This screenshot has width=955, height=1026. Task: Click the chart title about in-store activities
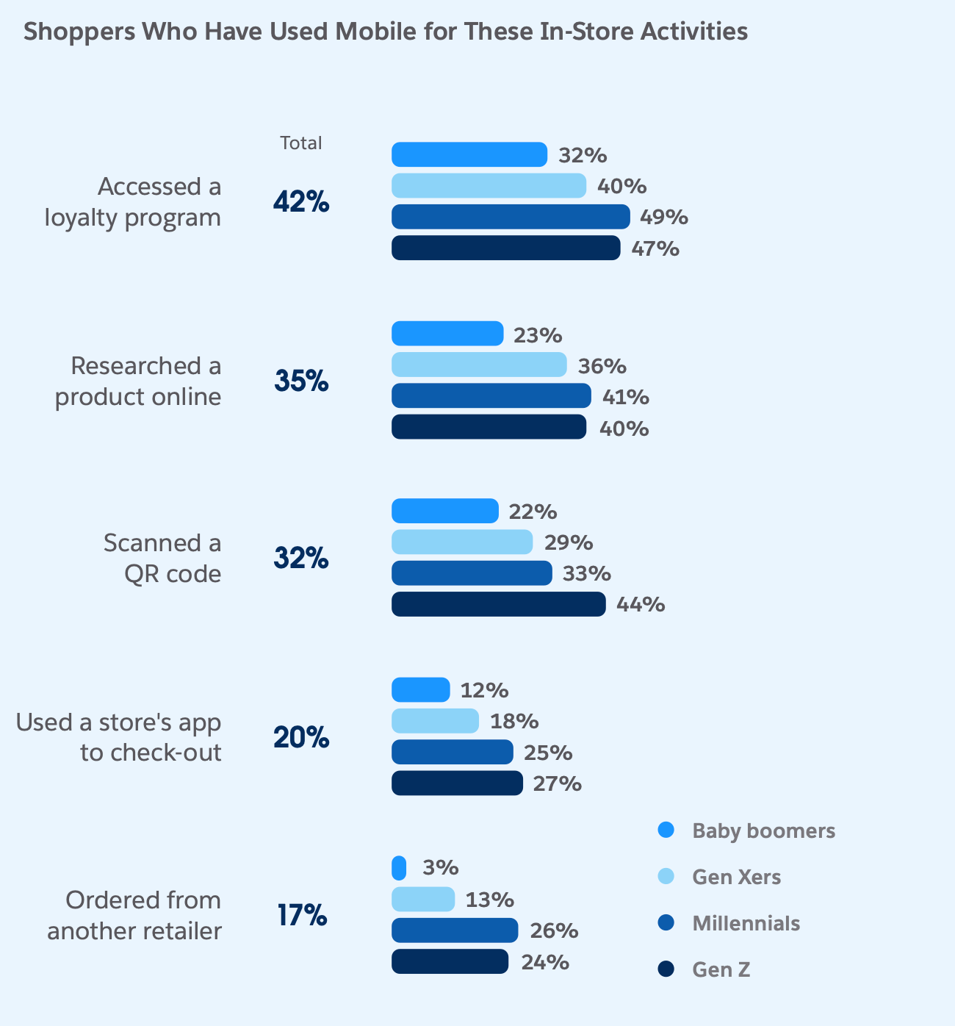(386, 32)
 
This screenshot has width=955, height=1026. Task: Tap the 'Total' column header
(300, 143)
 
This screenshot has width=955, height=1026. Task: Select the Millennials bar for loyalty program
(511, 217)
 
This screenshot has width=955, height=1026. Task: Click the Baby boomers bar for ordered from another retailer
(399, 868)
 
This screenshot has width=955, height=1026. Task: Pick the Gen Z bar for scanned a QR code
(498, 604)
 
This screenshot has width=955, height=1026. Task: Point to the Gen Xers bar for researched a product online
(479, 365)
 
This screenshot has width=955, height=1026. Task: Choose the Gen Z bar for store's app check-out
(457, 783)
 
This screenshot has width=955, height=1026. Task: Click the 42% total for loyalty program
(301, 202)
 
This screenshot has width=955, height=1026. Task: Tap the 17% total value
(301, 916)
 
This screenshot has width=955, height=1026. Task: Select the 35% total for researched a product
(301, 381)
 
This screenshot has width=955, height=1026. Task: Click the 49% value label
(664, 218)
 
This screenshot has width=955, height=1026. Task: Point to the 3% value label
(441, 868)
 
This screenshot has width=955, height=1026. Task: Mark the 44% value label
(641, 605)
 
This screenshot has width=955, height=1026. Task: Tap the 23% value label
(538, 336)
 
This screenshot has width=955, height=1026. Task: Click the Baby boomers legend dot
(666, 831)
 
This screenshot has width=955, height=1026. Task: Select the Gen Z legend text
(721, 970)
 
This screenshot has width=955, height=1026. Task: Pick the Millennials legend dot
(666, 923)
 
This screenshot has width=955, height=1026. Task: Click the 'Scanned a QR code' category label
(162, 558)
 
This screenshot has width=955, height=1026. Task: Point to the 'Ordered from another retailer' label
(135, 916)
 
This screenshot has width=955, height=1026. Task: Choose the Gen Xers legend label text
(736, 877)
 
